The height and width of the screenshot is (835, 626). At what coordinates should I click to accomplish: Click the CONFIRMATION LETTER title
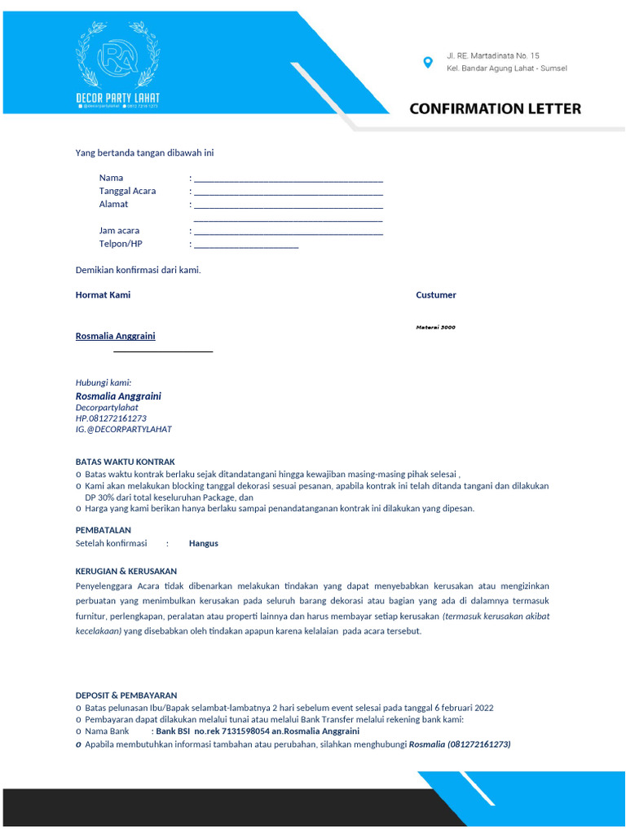click(x=495, y=108)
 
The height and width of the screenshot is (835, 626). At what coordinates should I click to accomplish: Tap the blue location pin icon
click(x=427, y=62)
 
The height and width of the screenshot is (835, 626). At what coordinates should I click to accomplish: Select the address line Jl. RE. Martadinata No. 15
click(x=492, y=55)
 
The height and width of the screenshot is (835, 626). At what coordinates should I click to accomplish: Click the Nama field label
click(x=111, y=178)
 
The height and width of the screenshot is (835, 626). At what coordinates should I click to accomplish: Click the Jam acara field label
click(x=119, y=231)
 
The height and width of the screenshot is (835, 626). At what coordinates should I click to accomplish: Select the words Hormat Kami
click(x=103, y=295)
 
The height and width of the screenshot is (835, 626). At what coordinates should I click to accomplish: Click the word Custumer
click(x=435, y=295)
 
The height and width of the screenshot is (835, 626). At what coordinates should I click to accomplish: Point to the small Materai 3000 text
click(x=435, y=327)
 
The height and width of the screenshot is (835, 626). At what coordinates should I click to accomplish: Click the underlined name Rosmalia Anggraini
click(x=115, y=336)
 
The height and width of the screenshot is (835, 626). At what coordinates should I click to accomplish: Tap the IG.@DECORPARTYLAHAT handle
click(x=123, y=429)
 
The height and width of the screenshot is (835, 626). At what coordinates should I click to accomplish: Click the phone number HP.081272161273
click(x=111, y=418)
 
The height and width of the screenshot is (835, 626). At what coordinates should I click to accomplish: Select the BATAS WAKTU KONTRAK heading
click(x=125, y=462)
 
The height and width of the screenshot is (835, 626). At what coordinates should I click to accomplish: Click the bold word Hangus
click(x=203, y=543)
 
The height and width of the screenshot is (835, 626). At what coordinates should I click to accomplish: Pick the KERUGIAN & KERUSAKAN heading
click(x=126, y=572)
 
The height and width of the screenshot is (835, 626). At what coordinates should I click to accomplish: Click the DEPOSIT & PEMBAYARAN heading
click(x=126, y=696)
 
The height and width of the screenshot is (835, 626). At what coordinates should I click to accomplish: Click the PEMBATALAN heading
click(x=103, y=530)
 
